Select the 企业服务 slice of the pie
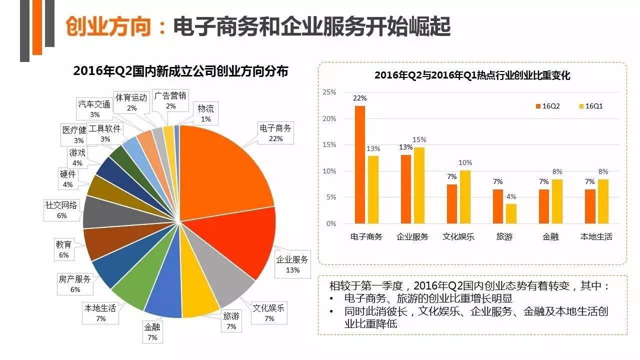click(x=240, y=240)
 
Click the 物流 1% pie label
click(x=205, y=113)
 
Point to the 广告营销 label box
click(x=170, y=100)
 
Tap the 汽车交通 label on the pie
click(x=94, y=109)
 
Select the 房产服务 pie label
click(x=74, y=284)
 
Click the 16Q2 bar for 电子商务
click(x=359, y=165)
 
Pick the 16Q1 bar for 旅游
click(x=511, y=213)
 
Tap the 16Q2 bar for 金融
click(x=543, y=206)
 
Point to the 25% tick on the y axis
click(x=329, y=92)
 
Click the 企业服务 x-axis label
click(x=412, y=236)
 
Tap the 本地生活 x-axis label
click(x=595, y=236)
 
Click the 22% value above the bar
click(x=359, y=98)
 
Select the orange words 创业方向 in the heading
click(x=108, y=27)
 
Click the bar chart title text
click(x=472, y=76)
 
